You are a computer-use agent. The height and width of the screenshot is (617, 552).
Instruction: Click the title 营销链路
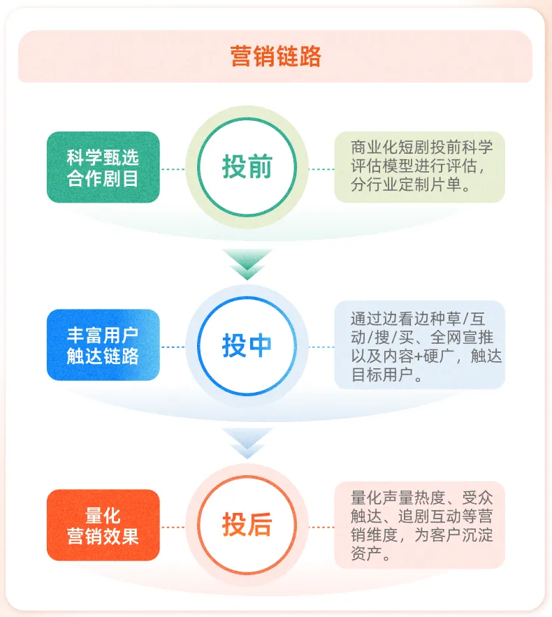275,57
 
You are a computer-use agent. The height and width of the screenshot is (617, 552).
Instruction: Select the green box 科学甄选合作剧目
103,168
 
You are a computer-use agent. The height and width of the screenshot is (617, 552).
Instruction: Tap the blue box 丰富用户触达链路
103,346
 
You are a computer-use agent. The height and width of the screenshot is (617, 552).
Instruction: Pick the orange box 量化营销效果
103,525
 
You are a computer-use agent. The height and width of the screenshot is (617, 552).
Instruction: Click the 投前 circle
247,168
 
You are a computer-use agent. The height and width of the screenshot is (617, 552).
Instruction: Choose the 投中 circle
247,346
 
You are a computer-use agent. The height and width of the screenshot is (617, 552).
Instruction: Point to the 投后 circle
247,525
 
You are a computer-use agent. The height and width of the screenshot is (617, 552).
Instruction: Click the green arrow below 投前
247,263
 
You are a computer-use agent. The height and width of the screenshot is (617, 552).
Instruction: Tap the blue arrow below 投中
247,442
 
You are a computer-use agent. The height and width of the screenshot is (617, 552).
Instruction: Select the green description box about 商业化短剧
419,168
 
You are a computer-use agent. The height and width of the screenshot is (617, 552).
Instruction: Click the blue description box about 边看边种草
419,346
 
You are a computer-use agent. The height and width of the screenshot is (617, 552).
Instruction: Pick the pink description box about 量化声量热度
419,525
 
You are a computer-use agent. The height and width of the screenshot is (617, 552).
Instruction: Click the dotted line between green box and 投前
173,168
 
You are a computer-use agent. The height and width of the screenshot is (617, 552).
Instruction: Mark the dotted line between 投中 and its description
321,347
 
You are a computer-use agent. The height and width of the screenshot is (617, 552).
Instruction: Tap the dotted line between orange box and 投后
173,526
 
